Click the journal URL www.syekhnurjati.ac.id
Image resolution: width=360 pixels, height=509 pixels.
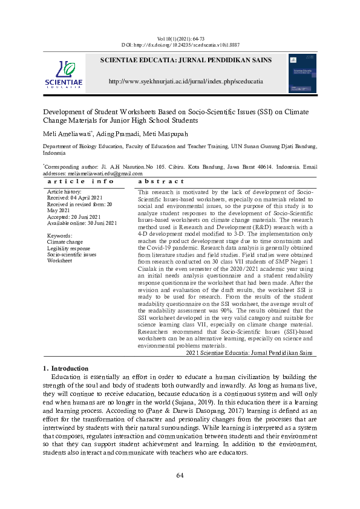tap(185, 80)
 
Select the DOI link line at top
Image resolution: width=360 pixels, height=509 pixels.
tap(180, 45)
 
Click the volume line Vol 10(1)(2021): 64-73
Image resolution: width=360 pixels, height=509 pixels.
tap(180, 38)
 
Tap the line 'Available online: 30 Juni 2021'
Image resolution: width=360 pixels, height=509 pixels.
tap(82, 223)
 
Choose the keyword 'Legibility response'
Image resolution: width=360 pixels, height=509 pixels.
tap(68, 248)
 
